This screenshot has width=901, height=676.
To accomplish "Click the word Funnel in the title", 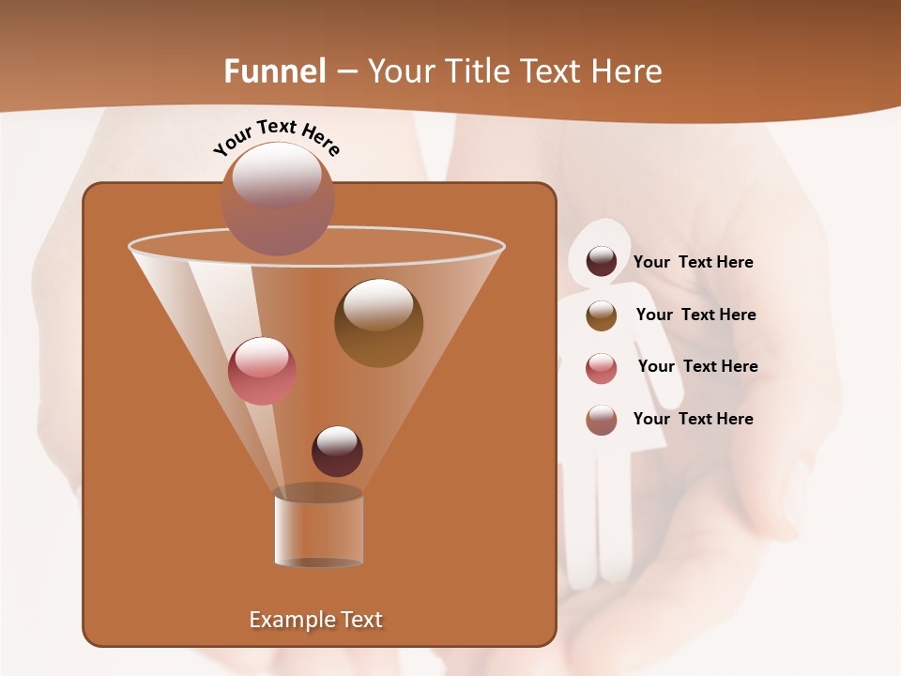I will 275,71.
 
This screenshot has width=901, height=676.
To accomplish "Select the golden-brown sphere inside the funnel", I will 378,323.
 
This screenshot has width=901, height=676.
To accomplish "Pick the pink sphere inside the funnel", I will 262,371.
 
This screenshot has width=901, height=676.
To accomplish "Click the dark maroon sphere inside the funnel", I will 337,451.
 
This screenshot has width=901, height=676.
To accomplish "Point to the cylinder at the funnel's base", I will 318,527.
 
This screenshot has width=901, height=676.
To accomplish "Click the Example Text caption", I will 315,620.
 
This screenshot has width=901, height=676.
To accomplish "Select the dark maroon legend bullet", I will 602,262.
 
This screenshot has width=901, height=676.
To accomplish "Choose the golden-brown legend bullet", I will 602,315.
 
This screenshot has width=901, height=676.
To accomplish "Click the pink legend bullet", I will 602,367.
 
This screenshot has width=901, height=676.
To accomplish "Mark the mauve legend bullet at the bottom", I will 602,420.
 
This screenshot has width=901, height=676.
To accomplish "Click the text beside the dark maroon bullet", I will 693,263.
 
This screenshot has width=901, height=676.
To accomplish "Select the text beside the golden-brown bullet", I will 695,315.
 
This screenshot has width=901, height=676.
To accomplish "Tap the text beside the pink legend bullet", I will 697,367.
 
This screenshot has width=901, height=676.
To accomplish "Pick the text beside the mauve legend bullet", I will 693,420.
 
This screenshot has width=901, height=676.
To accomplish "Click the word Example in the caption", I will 285,620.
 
